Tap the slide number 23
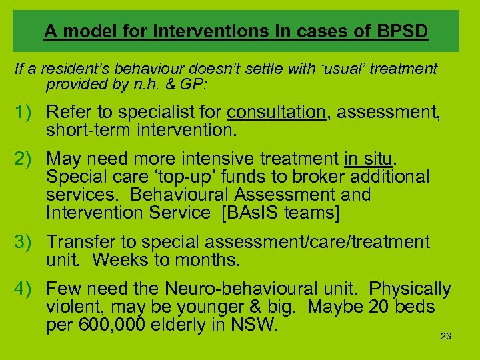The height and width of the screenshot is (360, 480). click(446, 336)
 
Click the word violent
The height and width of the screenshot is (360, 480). click(72, 307)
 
